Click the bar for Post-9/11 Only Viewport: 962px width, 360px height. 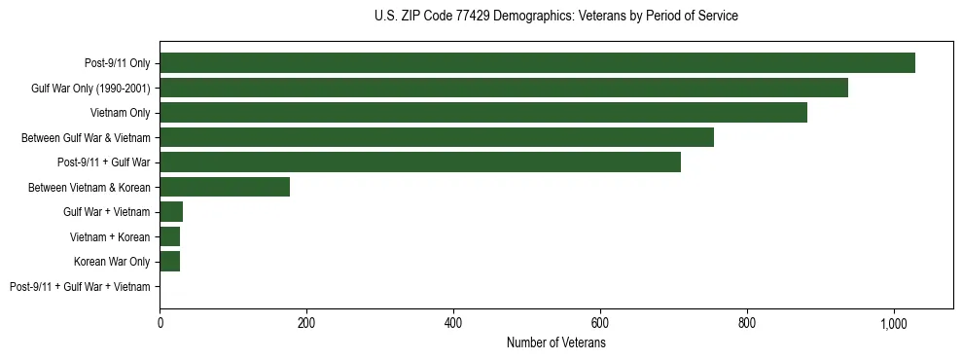(537, 63)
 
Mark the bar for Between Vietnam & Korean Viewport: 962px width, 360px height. (225, 187)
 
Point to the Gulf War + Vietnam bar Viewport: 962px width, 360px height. (171, 212)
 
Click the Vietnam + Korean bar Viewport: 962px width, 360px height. (170, 236)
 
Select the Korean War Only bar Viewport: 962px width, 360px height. (170, 262)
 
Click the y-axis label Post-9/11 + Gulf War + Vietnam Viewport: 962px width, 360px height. (80, 287)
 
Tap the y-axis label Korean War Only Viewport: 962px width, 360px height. (112, 262)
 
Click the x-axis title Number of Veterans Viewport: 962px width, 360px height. (556, 343)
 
